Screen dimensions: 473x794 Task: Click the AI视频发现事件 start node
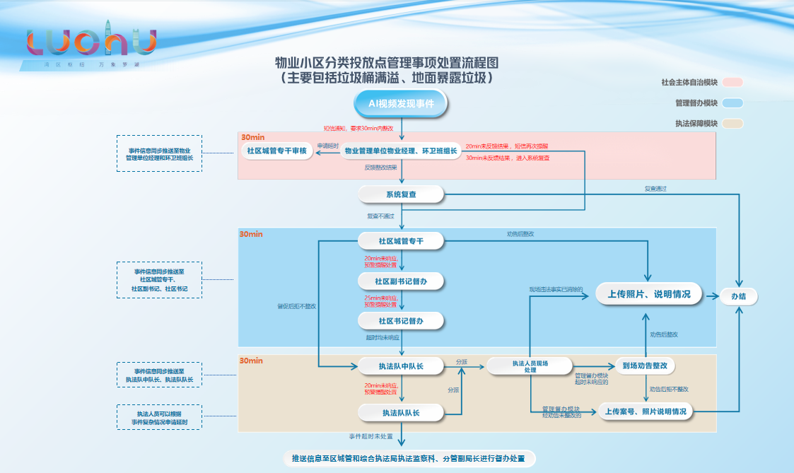click(401, 103)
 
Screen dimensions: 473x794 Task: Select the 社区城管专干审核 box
click(276, 151)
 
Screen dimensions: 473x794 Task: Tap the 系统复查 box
click(401, 194)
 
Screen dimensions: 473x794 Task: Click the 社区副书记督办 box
click(401, 281)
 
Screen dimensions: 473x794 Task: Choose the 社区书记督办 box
click(401, 321)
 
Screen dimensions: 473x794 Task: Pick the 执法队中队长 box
click(401, 366)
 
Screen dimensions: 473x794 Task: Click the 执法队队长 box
click(401, 412)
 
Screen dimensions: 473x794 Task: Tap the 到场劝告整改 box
click(644, 366)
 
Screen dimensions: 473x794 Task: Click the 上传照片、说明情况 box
click(648, 294)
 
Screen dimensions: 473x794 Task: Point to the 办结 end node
click(738, 297)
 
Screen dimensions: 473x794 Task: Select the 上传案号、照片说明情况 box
click(646, 412)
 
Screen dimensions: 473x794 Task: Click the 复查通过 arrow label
click(655, 189)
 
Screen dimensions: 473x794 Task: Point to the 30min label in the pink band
click(252, 138)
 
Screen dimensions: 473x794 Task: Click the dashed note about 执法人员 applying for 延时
click(160, 418)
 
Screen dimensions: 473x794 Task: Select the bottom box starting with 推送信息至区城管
click(409, 459)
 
